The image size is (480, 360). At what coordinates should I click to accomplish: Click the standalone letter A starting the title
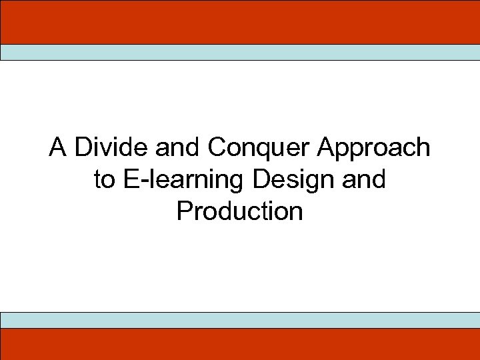click(58, 147)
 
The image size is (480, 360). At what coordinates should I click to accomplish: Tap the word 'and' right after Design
click(366, 179)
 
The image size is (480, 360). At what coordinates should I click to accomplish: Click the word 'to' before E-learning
click(105, 179)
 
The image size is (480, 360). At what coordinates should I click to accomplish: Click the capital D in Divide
click(82, 147)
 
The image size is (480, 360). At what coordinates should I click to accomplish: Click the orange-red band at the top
click(240, 22)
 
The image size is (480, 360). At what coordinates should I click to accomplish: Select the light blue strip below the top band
click(240, 53)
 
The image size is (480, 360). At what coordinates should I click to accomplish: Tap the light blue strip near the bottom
click(240, 320)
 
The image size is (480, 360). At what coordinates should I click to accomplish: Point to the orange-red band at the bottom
click(240, 344)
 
